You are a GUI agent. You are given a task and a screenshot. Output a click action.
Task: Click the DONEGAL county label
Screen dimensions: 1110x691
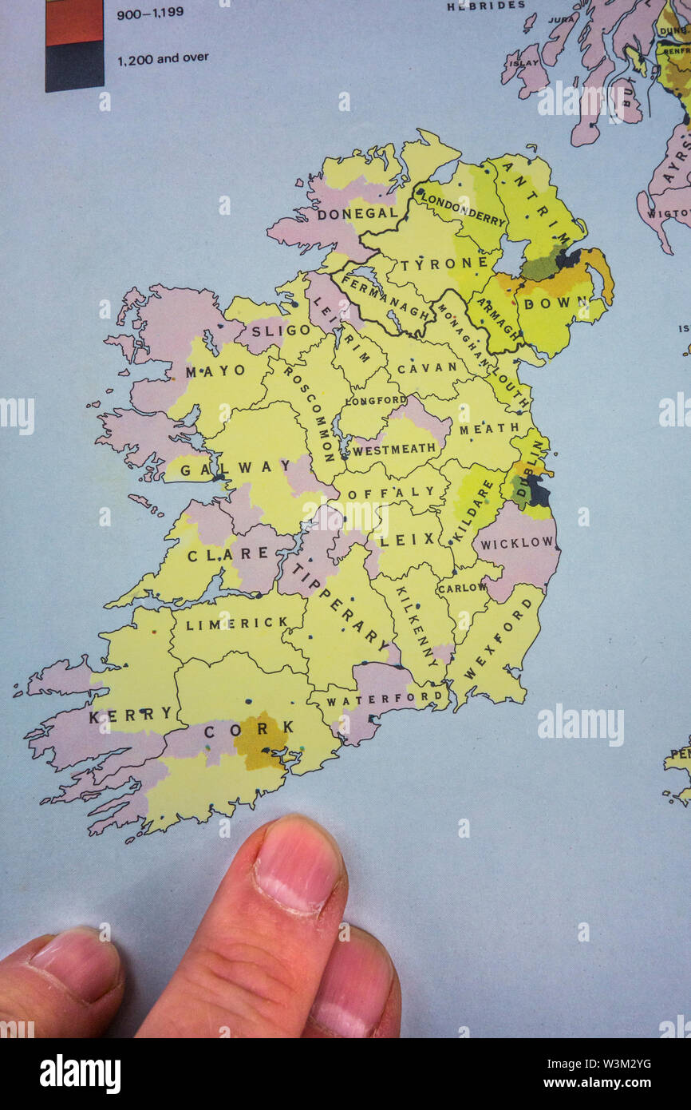point(357,214)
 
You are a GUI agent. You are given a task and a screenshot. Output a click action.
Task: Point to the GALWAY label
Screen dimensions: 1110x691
point(225,470)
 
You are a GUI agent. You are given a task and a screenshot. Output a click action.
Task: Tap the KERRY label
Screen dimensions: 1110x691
point(130,716)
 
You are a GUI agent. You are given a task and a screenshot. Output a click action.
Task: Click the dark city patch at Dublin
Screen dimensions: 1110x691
point(539,492)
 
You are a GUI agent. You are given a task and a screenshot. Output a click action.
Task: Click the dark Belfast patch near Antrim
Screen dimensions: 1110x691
point(568,258)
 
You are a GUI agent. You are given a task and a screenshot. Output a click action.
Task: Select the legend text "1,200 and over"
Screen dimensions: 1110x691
point(163,57)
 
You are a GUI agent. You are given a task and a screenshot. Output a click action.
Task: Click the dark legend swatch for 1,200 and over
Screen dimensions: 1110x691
point(74,67)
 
